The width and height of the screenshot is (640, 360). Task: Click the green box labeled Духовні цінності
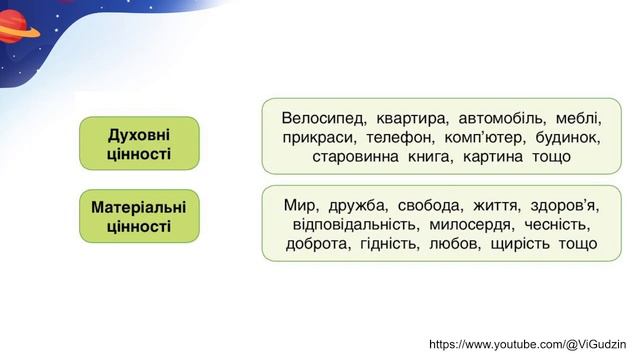pos(139,143)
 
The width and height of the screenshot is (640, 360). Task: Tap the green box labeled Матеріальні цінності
pos(139,216)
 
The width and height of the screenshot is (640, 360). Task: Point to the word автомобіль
pos(504,117)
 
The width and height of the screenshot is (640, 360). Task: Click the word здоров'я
pos(563,205)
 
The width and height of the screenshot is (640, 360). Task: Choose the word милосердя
pos(475,224)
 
